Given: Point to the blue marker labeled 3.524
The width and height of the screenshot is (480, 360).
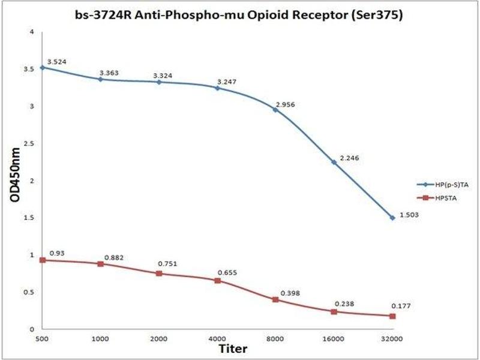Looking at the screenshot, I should tap(41, 67).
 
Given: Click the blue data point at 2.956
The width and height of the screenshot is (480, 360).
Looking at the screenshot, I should tap(275, 110).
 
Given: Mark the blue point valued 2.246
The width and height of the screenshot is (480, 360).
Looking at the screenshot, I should tap(334, 162).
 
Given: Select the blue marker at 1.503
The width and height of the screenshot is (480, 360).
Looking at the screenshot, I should tap(392, 218).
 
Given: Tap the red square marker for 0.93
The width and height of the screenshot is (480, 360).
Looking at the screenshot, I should tap(41, 260).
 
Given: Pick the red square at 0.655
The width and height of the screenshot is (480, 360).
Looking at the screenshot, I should tap(217, 280).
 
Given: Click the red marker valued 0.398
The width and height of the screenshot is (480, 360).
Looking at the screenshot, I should tap(275, 299).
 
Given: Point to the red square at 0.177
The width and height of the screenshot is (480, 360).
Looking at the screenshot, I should tap(392, 316).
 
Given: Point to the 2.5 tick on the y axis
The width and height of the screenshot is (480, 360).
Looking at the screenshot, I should tap(30, 143).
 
